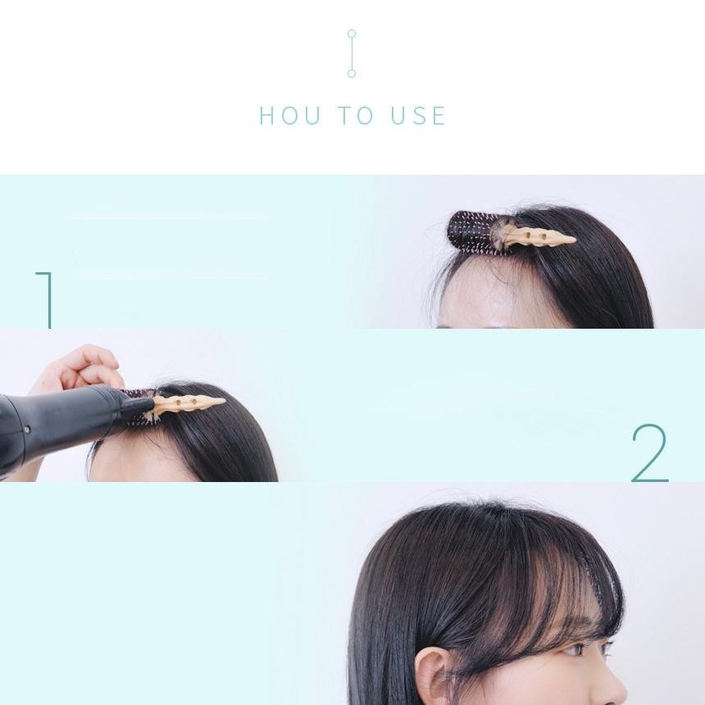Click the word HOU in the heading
tap(290, 116)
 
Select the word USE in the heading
tap(418, 116)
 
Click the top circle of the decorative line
tap(352, 34)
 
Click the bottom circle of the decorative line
tap(352, 73)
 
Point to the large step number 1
tap(46, 300)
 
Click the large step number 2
tap(650, 453)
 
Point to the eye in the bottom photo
tap(578, 650)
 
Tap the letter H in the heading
tap(266, 116)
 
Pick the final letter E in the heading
tap(439, 116)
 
